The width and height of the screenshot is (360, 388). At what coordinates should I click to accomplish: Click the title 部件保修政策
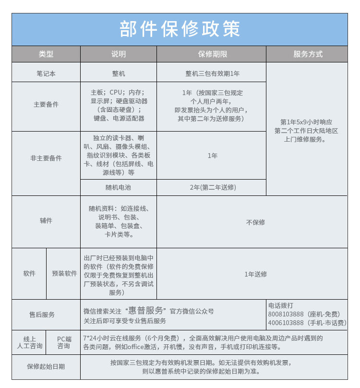(180, 29)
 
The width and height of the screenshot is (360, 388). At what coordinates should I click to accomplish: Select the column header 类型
(46, 54)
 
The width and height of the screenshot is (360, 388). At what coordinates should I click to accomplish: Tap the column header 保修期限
(211, 54)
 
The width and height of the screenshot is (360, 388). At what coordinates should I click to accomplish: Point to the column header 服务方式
(307, 54)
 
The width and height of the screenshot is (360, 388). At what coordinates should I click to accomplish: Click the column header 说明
(118, 54)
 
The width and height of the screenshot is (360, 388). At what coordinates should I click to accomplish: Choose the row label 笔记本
(46, 73)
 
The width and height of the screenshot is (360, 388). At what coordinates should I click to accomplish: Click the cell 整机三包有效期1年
(212, 73)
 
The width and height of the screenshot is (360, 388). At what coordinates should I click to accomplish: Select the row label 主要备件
(46, 104)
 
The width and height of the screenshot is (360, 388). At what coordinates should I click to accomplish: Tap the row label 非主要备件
(46, 158)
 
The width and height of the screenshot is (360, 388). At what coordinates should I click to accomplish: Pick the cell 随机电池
(118, 187)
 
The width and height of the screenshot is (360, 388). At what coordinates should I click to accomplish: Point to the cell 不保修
(255, 222)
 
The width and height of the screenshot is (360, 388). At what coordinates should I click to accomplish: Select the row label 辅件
(46, 221)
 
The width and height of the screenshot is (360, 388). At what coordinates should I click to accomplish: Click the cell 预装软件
(64, 274)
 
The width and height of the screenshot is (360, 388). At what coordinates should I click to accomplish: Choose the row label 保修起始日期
(46, 366)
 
